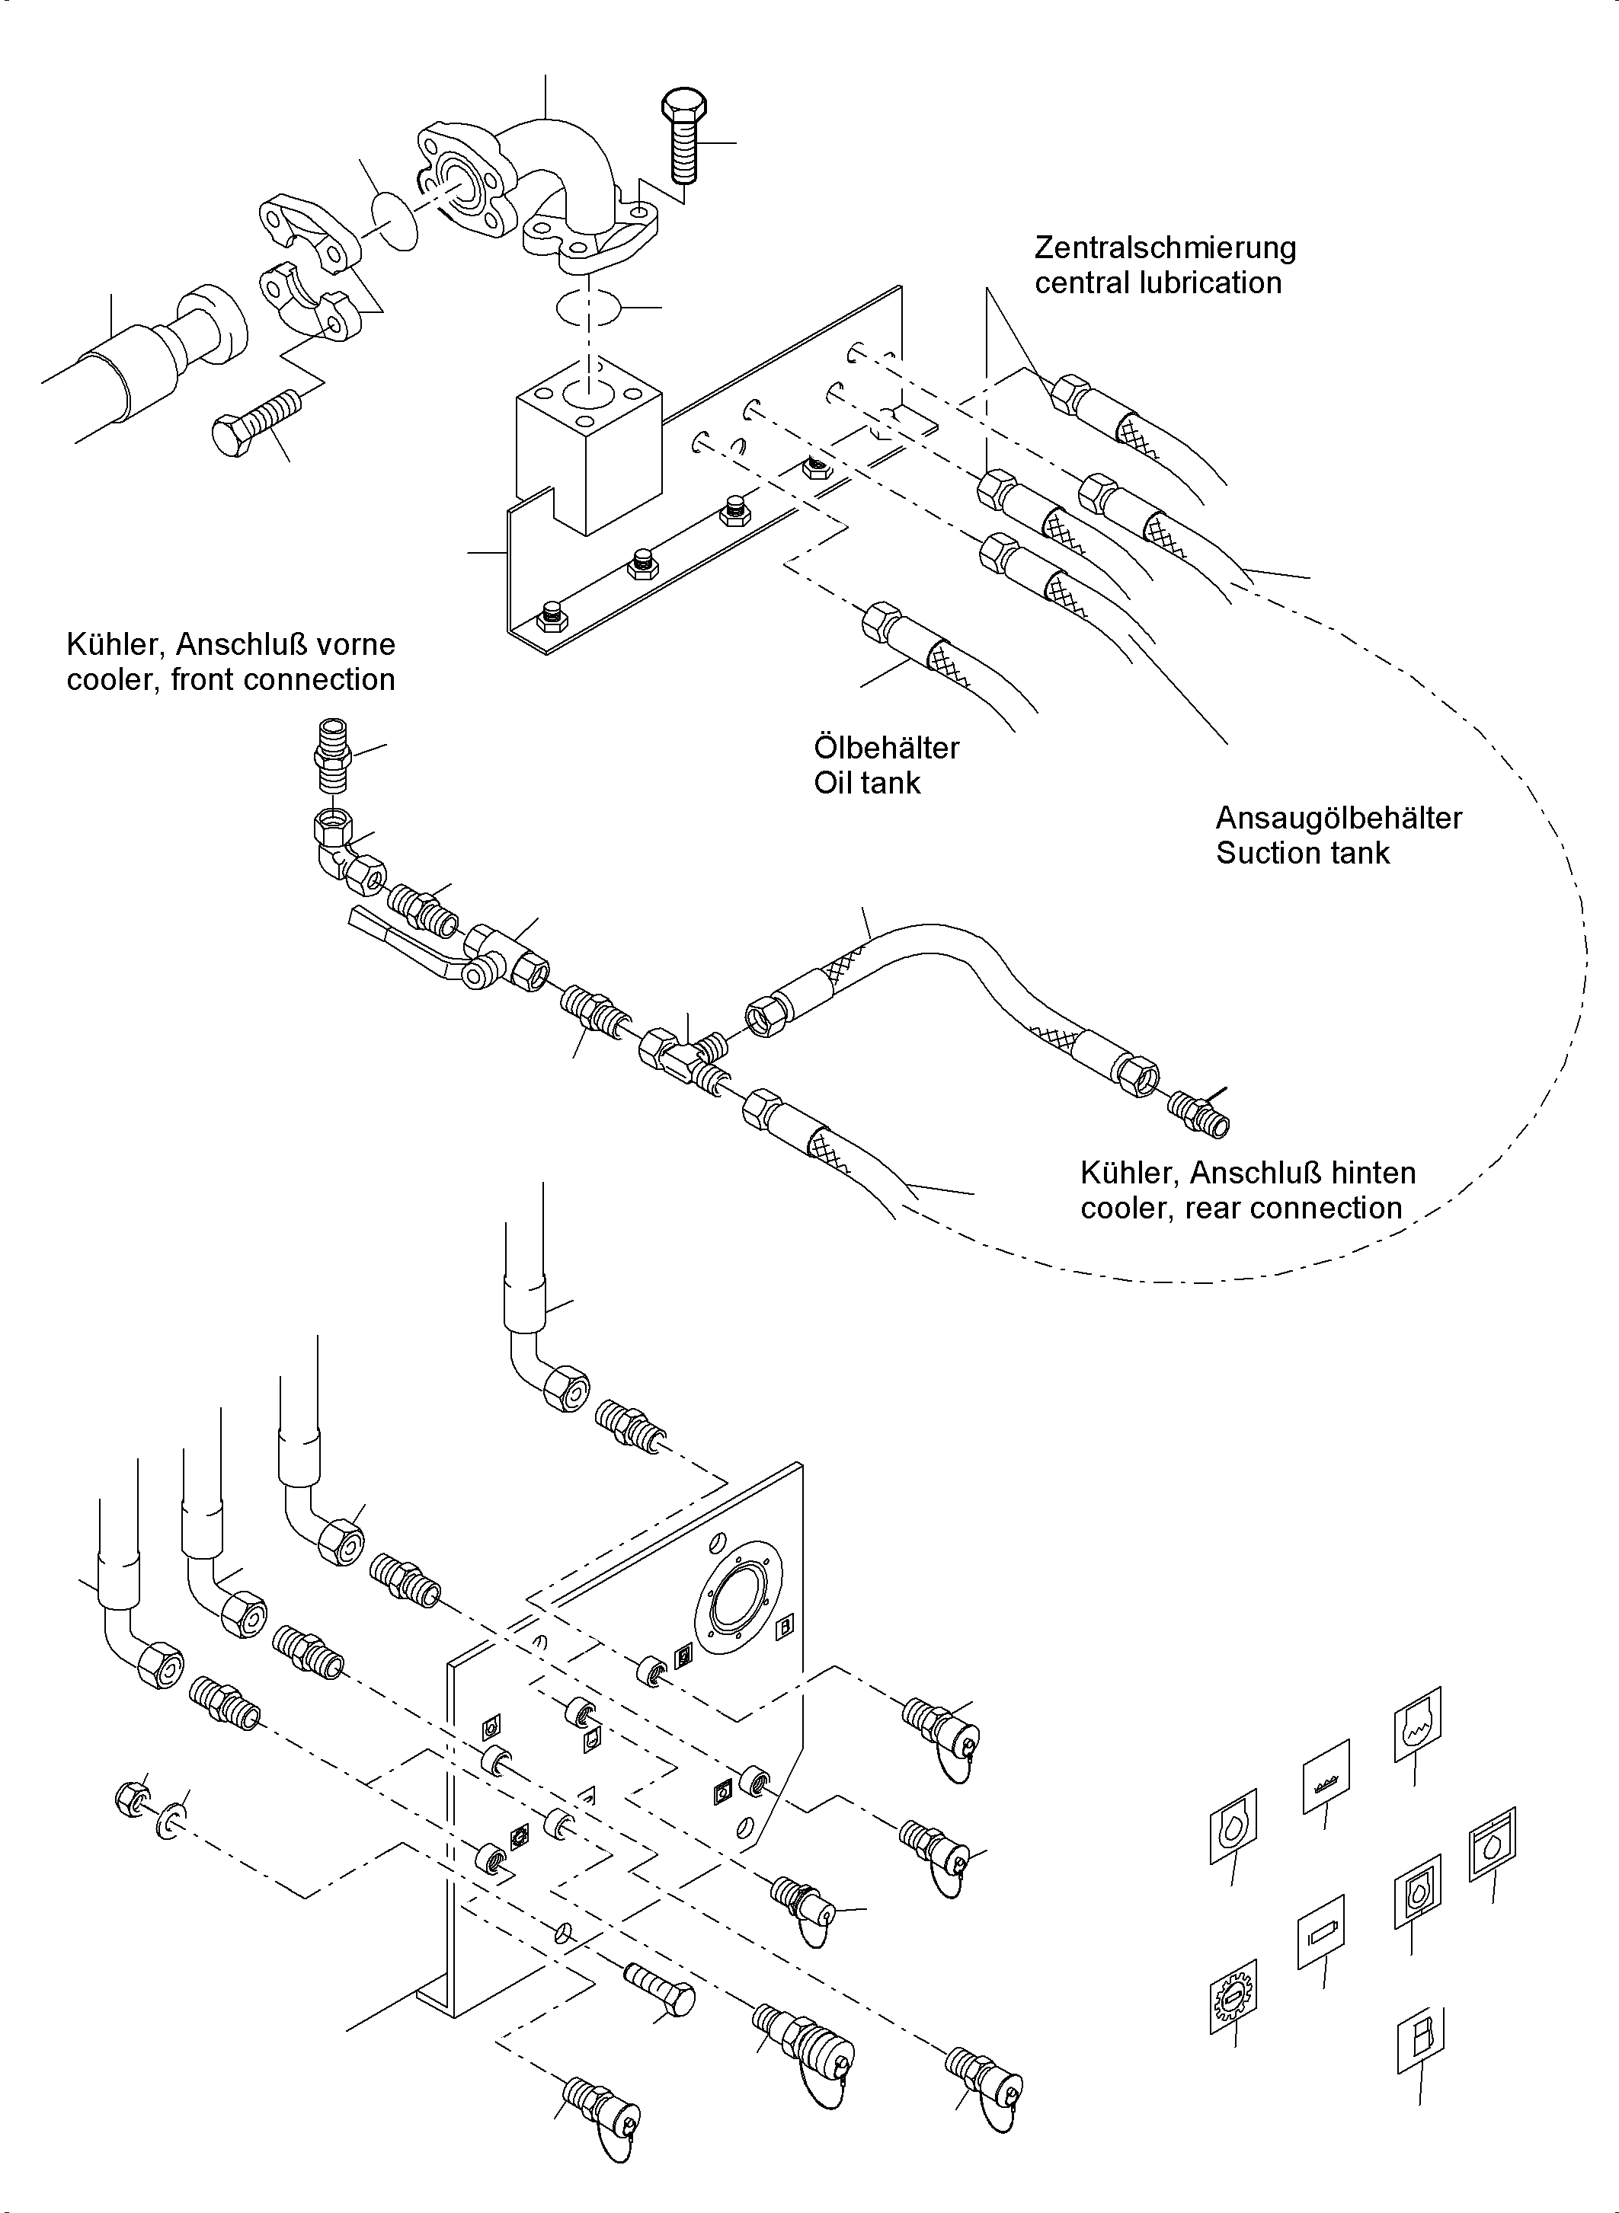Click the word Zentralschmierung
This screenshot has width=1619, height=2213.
coord(1164,247)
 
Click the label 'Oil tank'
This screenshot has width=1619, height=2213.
coord(866,783)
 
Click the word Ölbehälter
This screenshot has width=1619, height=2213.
coord(886,748)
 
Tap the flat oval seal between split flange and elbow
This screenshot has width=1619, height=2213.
coord(396,222)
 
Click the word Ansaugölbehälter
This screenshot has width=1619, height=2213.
coord(1338,817)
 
